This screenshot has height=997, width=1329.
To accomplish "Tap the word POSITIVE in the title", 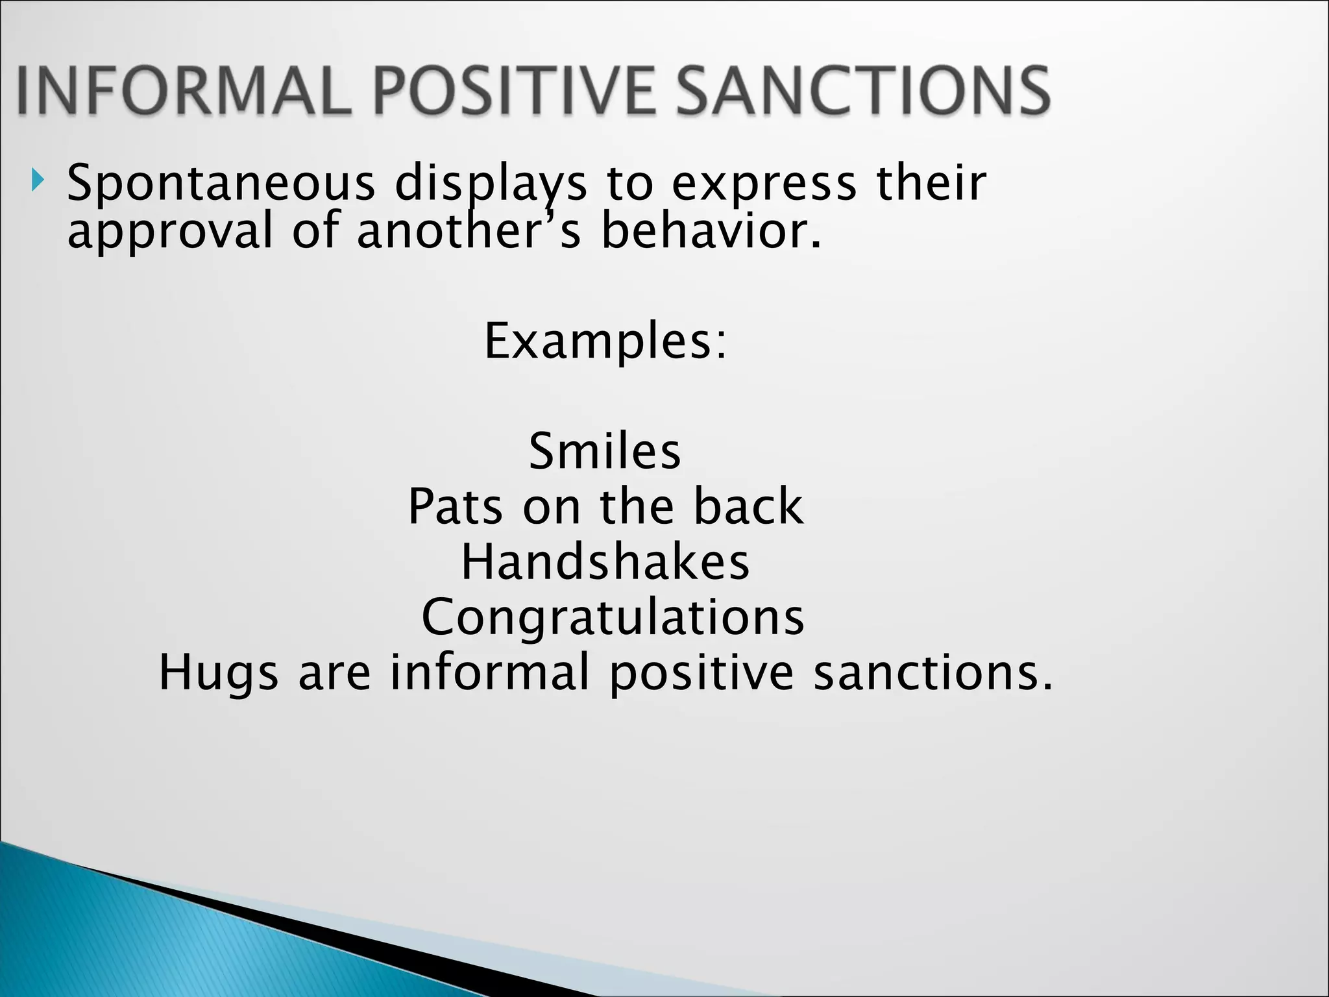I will pyautogui.click(x=521, y=92).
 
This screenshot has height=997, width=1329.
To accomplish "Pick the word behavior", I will pyautogui.click(x=711, y=232).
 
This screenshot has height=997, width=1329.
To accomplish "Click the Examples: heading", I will pyautogui.click(x=605, y=342).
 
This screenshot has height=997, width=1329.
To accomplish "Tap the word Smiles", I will pyautogui.click(x=605, y=452).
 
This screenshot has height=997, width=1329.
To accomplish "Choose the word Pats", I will pyautogui.click(x=455, y=507).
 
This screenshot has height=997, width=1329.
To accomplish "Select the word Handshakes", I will pyautogui.click(x=605, y=562).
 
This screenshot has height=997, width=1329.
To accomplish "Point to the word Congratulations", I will pyautogui.click(x=613, y=617).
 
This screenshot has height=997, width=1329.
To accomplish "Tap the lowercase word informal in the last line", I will pyautogui.click(x=490, y=672).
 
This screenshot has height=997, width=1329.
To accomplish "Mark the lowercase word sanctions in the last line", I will pyautogui.click(x=932, y=672).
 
